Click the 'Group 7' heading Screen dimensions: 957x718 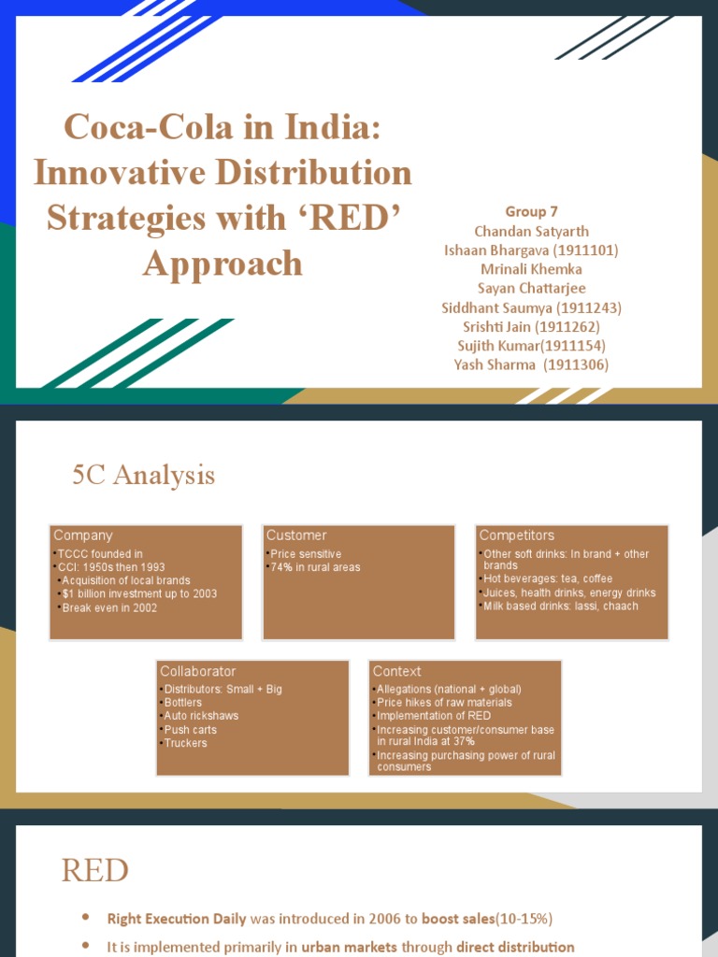pyautogui.click(x=531, y=212)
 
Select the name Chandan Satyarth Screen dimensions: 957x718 pyautogui.click(x=531, y=231)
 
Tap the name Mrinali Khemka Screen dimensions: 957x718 pyautogui.click(x=531, y=269)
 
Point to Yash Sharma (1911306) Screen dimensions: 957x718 pyautogui.click(x=531, y=364)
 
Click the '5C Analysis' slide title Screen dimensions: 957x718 pyautogui.click(x=144, y=476)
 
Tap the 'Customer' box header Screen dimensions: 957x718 pyautogui.click(x=296, y=536)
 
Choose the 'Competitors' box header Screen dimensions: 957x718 pyautogui.click(x=516, y=536)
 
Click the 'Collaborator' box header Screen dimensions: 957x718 pyautogui.click(x=198, y=671)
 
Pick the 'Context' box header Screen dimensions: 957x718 pyautogui.click(x=397, y=671)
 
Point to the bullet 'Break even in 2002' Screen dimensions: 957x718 pyautogui.click(x=109, y=607)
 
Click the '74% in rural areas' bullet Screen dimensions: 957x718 pyautogui.click(x=315, y=567)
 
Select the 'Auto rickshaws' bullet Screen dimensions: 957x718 pyautogui.click(x=201, y=716)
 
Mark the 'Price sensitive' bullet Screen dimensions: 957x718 pyautogui.click(x=306, y=554)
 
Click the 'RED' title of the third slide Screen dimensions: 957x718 pyautogui.click(x=95, y=871)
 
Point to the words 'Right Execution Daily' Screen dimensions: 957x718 pyautogui.click(x=177, y=919)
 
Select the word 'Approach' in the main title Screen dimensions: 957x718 pyautogui.click(x=223, y=264)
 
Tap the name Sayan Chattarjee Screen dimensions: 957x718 pyautogui.click(x=531, y=288)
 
